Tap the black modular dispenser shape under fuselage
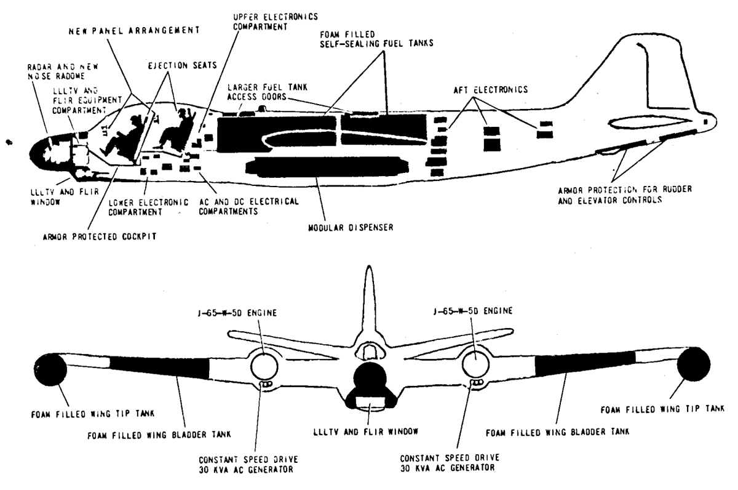[x=326, y=166]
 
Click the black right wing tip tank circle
[x=693, y=364]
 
